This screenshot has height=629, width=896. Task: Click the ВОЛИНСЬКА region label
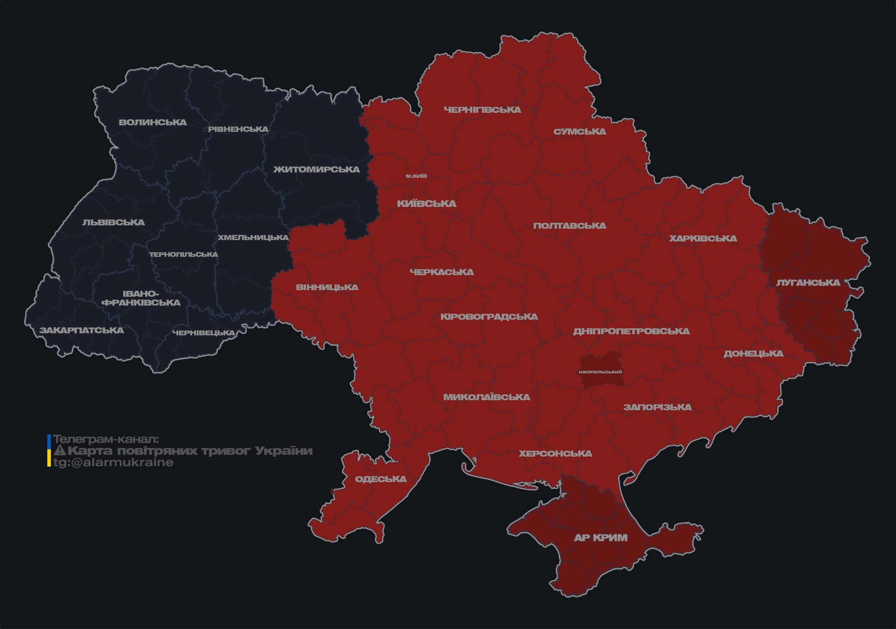(x=153, y=122)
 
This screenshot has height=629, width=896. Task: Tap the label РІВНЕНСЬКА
(x=238, y=129)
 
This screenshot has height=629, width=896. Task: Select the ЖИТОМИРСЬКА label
(x=316, y=170)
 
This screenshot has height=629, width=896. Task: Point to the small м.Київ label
(x=416, y=176)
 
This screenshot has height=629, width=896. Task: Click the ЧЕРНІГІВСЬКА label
(x=482, y=110)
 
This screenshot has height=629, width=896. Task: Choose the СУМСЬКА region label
(x=580, y=132)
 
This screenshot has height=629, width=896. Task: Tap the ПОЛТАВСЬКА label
(x=570, y=226)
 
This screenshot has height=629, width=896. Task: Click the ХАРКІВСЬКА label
(x=703, y=238)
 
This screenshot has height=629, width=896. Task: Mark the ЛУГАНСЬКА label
(x=808, y=282)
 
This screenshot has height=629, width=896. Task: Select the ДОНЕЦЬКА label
(x=753, y=353)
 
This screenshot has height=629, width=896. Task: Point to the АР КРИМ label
(x=601, y=538)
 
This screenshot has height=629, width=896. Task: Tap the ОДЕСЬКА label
(x=380, y=479)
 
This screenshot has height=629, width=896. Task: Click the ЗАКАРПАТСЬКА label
(x=81, y=330)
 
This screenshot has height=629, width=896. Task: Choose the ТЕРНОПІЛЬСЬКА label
(x=184, y=254)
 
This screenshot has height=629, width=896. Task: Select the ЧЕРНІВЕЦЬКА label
(x=204, y=333)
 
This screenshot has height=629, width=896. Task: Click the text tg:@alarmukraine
(x=114, y=463)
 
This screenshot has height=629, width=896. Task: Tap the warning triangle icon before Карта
(x=60, y=451)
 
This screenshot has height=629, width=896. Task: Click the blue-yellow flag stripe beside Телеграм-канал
(x=49, y=450)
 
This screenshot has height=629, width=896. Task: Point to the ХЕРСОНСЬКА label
(x=556, y=453)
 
